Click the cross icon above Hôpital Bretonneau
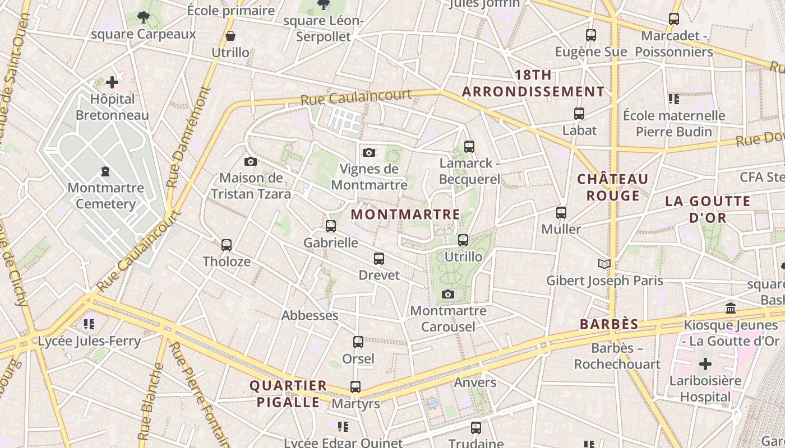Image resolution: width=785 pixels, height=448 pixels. (x=112, y=82)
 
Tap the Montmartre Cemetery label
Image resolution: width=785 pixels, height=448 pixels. (x=105, y=195)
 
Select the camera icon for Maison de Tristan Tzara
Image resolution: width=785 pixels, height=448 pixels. (x=251, y=162)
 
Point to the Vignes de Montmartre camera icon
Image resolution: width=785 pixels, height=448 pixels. (x=369, y=152)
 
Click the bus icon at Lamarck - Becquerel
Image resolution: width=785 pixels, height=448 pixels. (x=469, y=147)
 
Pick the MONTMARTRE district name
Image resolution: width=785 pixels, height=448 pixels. (x=405, y=214)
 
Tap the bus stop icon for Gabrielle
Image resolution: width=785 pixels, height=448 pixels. (x=331, y=226)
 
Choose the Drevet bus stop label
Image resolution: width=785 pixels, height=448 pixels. (x=380, y=275)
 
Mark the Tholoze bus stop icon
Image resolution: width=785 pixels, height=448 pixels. (x=227, y=245)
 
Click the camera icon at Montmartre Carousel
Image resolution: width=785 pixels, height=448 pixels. (x=447, y=295)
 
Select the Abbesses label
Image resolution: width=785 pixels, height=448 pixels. (x=310, y=315)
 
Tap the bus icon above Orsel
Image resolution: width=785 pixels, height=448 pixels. (x=358, y=342)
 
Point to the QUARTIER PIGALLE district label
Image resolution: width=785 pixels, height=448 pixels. (x=288, y=394)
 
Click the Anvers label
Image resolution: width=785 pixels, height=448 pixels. (x=475, y=382)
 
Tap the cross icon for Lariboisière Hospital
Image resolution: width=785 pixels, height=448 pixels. (x=705, y=364)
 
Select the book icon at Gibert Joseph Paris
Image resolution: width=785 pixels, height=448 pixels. (x=604, y=264)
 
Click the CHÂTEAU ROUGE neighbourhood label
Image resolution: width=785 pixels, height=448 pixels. (x=613, y=187)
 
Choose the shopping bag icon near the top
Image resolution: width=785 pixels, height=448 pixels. (x=230, y=36)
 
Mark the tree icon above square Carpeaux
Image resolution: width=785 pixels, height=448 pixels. (x=144, y=17)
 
